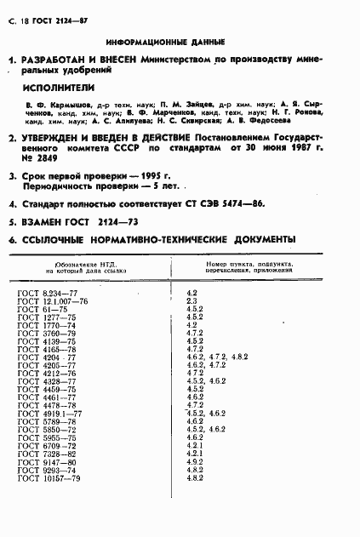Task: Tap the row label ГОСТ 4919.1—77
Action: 49,413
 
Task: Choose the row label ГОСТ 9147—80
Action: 47,462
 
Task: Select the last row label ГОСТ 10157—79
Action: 49,479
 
